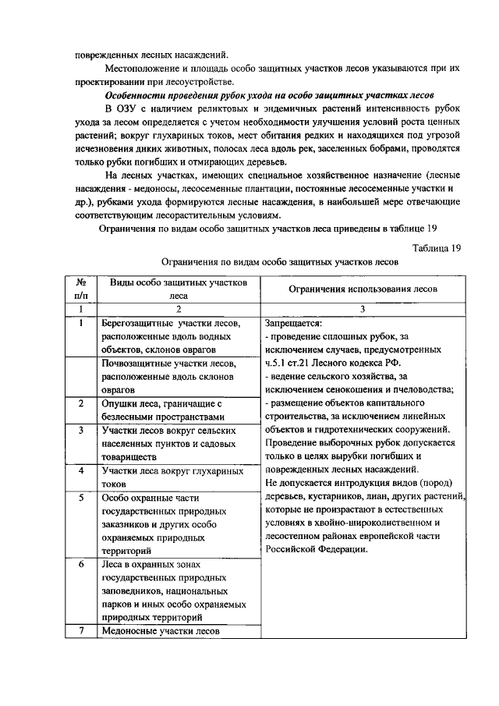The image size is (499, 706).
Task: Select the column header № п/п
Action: (x=80, y=289)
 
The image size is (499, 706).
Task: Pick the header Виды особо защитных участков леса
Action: (x=179, y=289)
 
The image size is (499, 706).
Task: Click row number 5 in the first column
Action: (x=80, y=497)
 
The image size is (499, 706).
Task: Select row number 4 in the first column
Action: (x=80, y=470)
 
